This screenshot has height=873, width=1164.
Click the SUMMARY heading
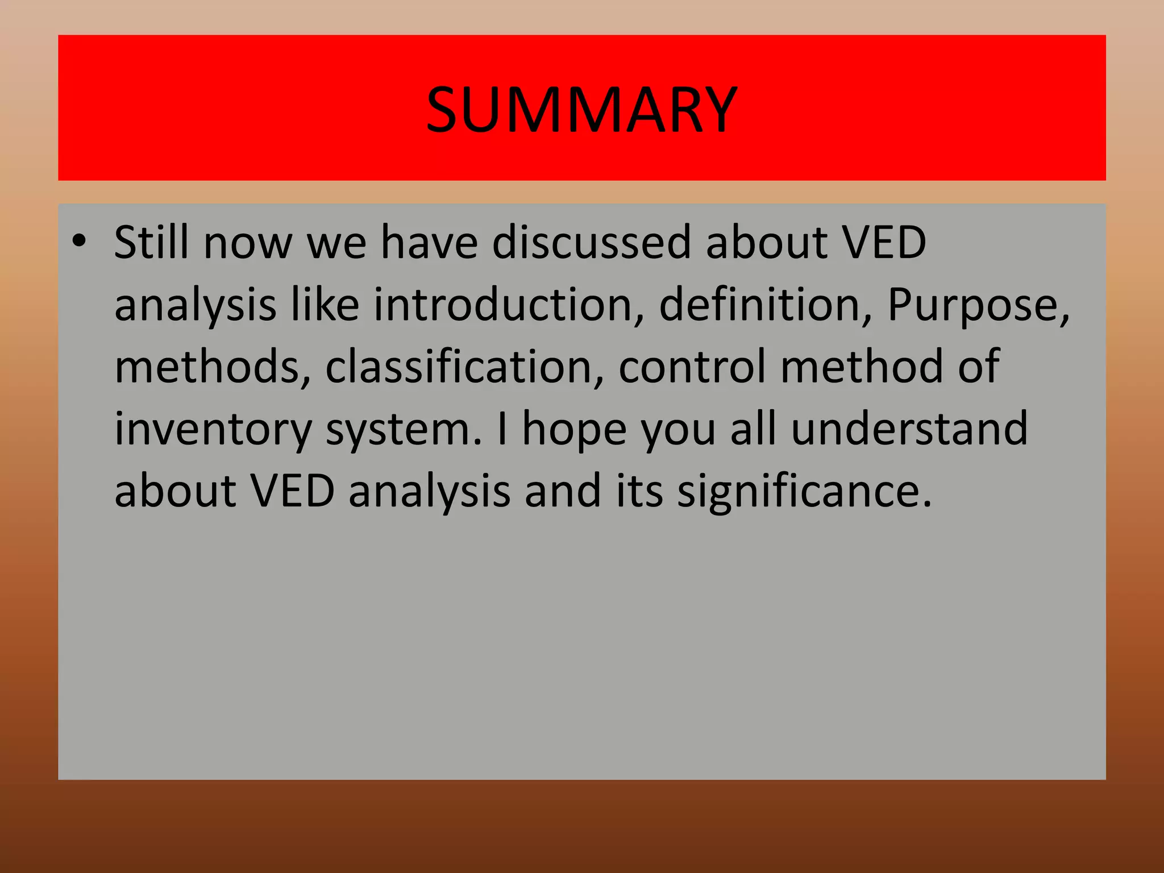coord(581,110)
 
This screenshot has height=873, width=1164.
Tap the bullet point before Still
coord(79,241)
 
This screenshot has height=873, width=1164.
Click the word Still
coord(151,242)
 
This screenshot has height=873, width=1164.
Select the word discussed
coord(591,242)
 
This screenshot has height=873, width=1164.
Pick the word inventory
coord(213,430)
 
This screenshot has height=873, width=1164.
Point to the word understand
coord(909,429)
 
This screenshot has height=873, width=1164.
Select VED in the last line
coord(293,490)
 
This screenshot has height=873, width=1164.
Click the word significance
coord(804,492)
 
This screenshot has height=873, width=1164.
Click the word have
coord(429,242)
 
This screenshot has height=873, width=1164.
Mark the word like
coord(325,305)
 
